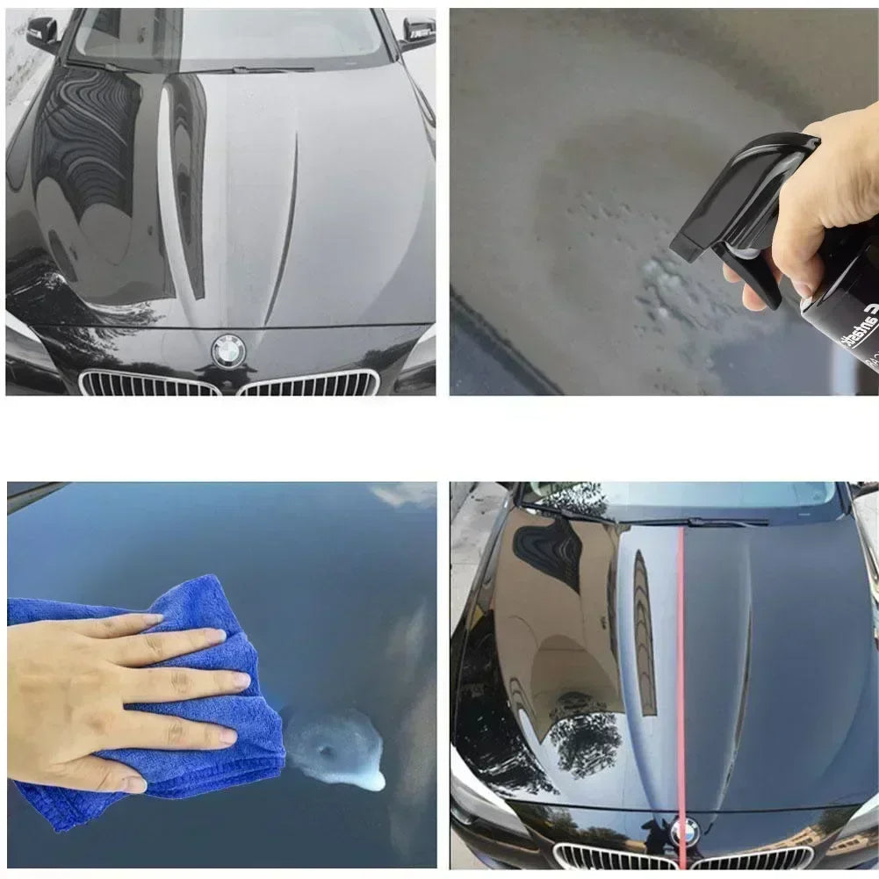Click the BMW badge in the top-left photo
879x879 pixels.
coord(229,351)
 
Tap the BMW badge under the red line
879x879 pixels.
coord(685,831)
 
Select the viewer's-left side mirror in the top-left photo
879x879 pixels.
coord(42,32)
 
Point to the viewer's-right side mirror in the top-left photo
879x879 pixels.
coord(418,32)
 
